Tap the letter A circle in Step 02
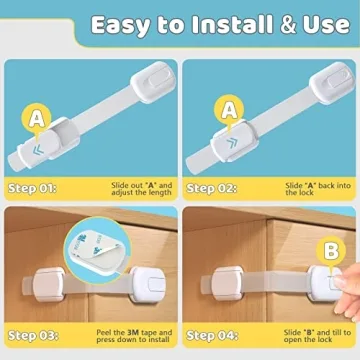(229, 108)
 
